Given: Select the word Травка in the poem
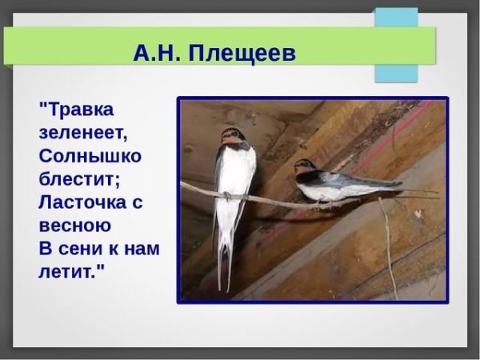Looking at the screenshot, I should pos(77,108).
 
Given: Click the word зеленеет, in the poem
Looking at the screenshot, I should pos(83,131).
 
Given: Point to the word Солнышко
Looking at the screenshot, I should pos(90,155).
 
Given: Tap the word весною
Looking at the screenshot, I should pos(75,226).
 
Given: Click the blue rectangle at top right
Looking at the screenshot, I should pos(396,45).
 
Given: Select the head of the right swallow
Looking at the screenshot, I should pos(304,167).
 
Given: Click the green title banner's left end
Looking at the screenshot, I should pos(16,46).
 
